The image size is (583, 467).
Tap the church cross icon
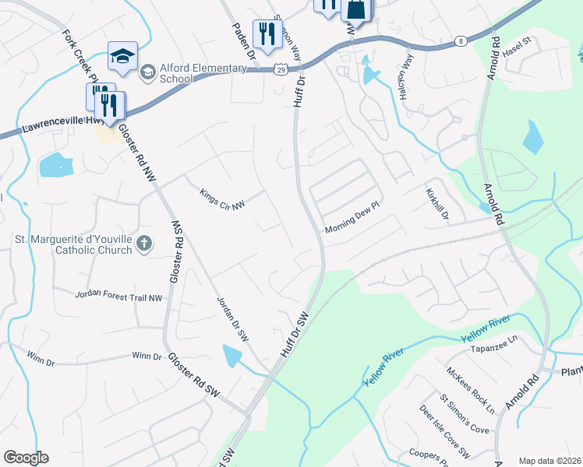(x=143, y=244)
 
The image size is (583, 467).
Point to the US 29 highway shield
(x=280, y=70)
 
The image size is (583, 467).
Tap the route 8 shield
(x=461, y=40)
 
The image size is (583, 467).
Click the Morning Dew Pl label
(x=351, y=225)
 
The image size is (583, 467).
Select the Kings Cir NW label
(x=222, y=199)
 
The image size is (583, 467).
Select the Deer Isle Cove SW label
(x=444, y=430)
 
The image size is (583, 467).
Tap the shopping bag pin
(x=355, y=9)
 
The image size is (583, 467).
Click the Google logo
(x=26, y=457)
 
